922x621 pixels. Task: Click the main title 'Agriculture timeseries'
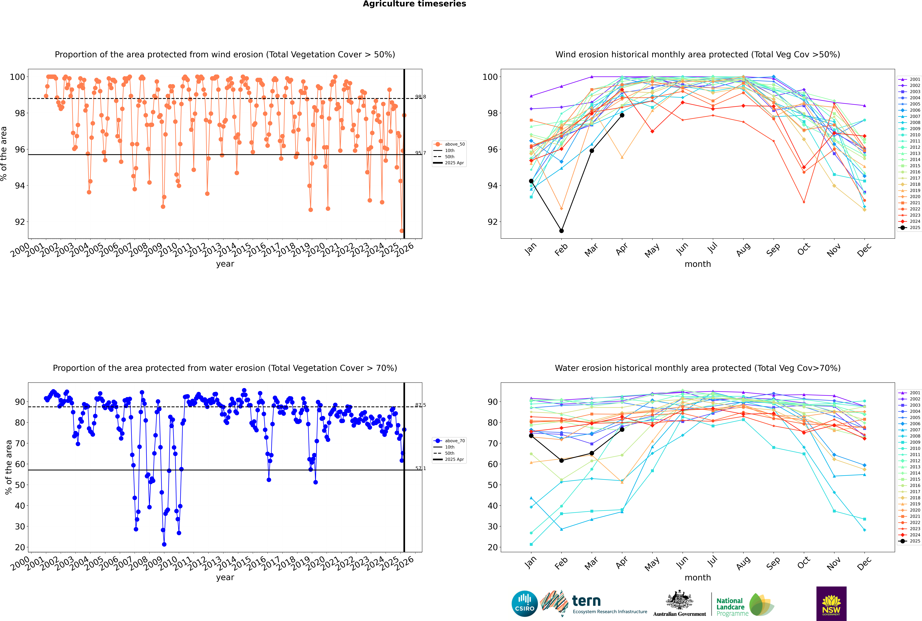[414, 4]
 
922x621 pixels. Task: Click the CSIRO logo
[524, 604]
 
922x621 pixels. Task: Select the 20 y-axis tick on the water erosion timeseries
[20, 547]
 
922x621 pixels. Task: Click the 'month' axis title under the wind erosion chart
[698, 264]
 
